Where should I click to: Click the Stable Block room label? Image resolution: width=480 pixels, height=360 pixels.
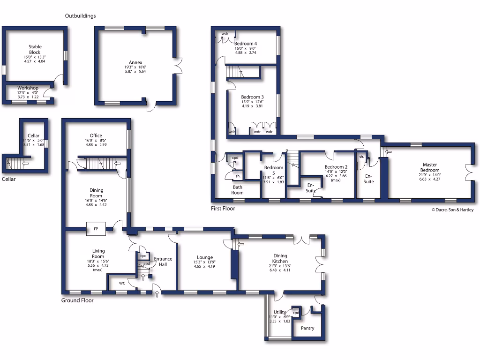[35, 49]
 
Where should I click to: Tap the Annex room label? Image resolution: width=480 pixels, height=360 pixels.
[135, 62]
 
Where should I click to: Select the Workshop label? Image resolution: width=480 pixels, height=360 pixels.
[28, 88]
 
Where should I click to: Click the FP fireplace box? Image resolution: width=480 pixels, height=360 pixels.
[96, 229]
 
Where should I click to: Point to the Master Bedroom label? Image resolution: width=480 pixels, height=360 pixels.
[429, 167]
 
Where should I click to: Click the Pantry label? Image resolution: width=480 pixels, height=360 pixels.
[307, 328]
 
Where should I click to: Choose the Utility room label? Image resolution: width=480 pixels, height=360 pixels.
[280, 312]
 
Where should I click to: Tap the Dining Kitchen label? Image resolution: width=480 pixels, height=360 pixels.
[280, 258]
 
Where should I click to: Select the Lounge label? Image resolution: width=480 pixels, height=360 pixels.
[205, 257]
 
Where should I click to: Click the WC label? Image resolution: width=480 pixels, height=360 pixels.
[121, 283]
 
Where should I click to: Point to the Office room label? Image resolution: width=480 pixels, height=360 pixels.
[96, 135]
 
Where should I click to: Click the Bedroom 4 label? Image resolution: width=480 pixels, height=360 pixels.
[246, 44]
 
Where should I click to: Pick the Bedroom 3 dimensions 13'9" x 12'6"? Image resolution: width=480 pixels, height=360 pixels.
[253, 102]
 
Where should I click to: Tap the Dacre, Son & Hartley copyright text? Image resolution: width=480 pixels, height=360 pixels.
[452, 210]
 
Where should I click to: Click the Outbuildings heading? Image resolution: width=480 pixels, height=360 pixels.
[80, 16]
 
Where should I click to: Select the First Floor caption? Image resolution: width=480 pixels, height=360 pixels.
[223, 209]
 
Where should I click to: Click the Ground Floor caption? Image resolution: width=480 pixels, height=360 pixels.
[77, 300]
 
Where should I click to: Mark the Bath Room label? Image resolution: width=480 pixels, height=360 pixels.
[237, 189]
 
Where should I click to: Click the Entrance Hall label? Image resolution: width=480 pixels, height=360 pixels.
[163, 262]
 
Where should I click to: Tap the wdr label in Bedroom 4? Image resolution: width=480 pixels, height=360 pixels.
[225, 33]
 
